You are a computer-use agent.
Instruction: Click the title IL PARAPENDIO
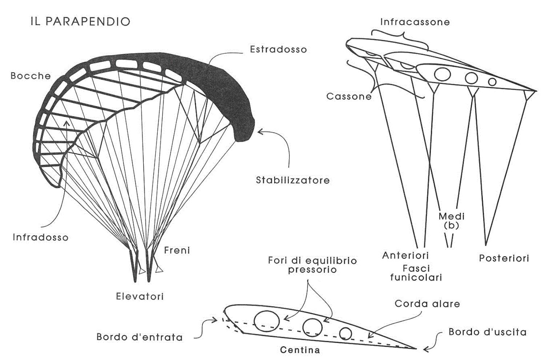(x=80, y=22)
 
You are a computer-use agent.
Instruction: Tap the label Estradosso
(x=278, y=49)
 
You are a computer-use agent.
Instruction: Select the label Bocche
(x=31, y=76)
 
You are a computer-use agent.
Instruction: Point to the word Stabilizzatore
(x=293, y=180)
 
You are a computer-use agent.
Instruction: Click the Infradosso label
(x=40, y=237)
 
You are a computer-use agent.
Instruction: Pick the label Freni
(x=177, y=250)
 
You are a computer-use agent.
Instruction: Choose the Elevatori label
(x=140, y=296)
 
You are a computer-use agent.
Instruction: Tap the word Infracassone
(x=415, y=22)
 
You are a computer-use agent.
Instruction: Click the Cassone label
(x=349, y=96)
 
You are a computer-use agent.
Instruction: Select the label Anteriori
(x=405, y=255)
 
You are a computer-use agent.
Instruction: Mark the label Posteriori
(x=504, y=258)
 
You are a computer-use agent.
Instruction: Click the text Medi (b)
(x=451, y=221)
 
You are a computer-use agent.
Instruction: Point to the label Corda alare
(x=427, y=304)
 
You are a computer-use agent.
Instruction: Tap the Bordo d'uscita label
(x=487, y=332)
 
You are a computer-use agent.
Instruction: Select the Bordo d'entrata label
(x=140, y=337)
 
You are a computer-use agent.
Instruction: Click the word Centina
(x=300, y=350)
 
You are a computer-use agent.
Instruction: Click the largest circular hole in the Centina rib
(x=267, y=321)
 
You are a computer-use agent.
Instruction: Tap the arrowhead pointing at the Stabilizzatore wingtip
(x=260, y=131)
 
